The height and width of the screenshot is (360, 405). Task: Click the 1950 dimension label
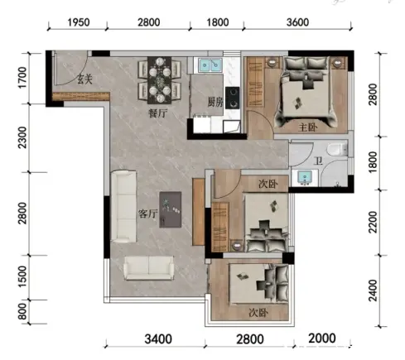[79, 22]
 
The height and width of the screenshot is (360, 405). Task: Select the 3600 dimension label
[297, 22]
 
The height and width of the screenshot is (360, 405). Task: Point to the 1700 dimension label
[22, 78]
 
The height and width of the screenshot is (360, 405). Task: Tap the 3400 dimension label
[158, 339]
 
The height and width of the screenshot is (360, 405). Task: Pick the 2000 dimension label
[322, 338]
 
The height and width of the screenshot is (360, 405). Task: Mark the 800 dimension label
[22, 311]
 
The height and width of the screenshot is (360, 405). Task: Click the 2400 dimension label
[373, 290]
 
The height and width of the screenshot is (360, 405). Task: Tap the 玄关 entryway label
[84, 79]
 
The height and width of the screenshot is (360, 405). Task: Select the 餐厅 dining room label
[158, 113]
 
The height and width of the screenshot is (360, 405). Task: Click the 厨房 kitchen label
[215, 103]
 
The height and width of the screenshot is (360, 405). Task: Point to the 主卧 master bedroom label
[308, 127]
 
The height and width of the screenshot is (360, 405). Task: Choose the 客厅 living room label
[147, 214]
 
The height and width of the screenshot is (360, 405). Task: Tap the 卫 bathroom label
[319, 161]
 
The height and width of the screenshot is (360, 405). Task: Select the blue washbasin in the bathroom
[305, 177]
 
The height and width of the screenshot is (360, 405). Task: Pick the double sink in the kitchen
[210, 65]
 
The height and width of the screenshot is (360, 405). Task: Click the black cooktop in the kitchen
[233, 98]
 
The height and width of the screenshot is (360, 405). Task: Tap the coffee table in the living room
[171, 209]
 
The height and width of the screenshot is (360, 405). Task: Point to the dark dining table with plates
[160, 80]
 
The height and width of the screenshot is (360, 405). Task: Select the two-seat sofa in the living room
[149, 268]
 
